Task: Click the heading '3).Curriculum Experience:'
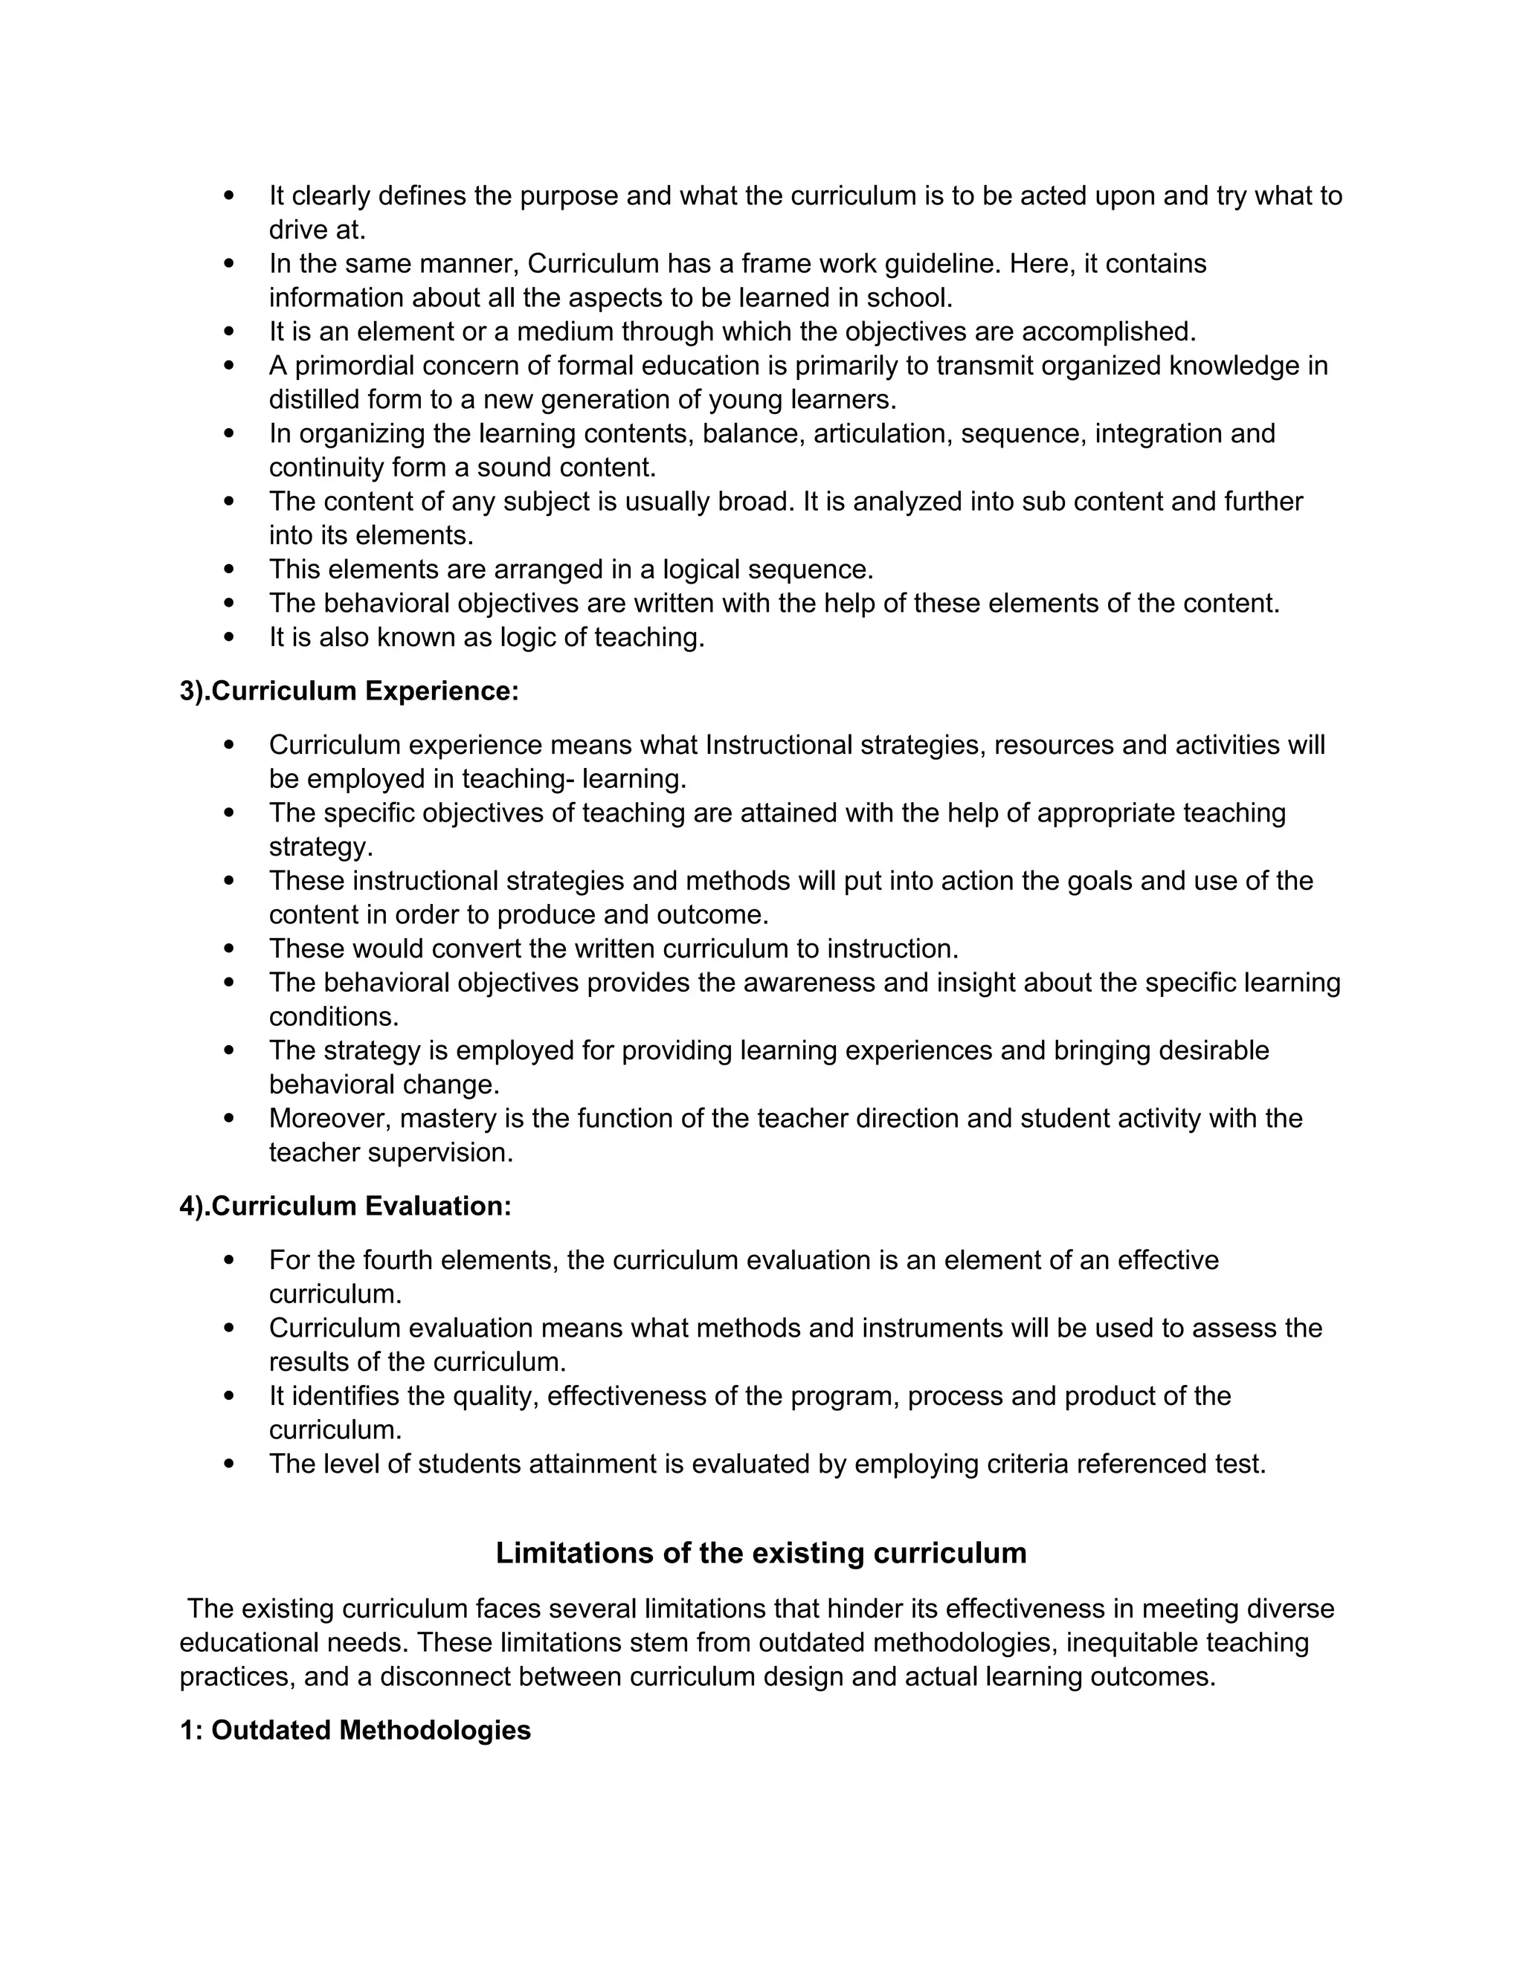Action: (350, 691)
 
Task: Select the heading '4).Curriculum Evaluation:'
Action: (346, 1206)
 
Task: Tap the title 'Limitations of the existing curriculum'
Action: (761, 1552)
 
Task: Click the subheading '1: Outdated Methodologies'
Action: (355, 1730)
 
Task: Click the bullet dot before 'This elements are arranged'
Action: (228, 569)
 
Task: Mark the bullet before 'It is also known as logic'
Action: (228, 637)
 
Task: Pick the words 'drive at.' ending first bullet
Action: (317, 230)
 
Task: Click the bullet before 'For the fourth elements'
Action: (228, 1260)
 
